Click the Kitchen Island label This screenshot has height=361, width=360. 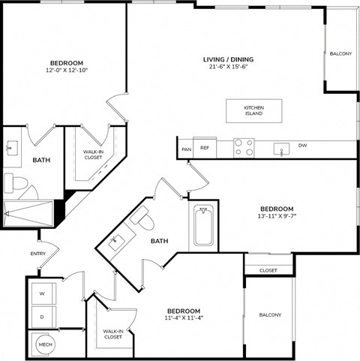tap(253, 111)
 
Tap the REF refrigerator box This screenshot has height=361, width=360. tap(204, 148)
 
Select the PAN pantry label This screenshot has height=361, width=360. tap(186, 149)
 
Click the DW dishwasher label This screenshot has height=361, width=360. tap(302, 146)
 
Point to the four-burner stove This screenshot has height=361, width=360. tap(243, 146)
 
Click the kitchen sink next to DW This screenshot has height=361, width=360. tap(281, 147)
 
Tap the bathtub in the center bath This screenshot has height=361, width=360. tap(203, 225)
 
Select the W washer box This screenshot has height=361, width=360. tap(43, 294)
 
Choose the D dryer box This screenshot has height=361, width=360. tap(43, 317)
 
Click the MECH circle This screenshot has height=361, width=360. tap(44, 344)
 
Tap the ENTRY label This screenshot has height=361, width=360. tap(37, 254)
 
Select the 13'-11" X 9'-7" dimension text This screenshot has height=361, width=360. tap(277, 218)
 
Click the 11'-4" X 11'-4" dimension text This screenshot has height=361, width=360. tap(183, 317)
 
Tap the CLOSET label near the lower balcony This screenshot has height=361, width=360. tap(268, 270)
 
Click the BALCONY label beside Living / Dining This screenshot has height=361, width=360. tap(340, 54)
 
